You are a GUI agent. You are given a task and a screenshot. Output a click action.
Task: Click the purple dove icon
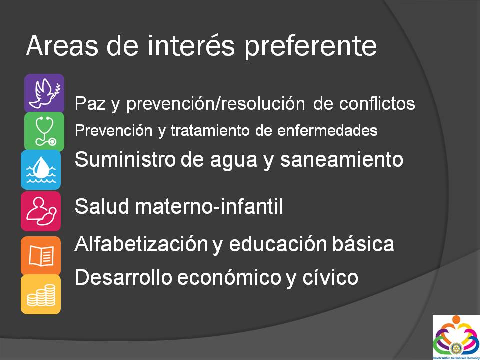(44, 93)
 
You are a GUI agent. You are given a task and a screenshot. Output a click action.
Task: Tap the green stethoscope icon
(44, 131)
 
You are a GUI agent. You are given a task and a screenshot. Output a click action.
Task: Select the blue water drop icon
(41, 170)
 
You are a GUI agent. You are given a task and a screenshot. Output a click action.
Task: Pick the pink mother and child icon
(41, 211)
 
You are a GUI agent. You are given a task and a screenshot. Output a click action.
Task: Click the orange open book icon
(41, 256)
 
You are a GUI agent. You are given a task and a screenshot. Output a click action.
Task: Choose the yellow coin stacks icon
(41, 294)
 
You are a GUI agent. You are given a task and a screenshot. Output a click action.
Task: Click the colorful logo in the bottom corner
(456, 337)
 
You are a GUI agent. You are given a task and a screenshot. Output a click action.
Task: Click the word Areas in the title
(61, 46)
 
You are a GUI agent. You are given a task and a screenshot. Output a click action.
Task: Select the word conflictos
(377, 104)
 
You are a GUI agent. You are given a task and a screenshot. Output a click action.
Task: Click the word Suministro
(125, 159)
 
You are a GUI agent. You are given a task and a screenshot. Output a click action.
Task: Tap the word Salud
(102, 207)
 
